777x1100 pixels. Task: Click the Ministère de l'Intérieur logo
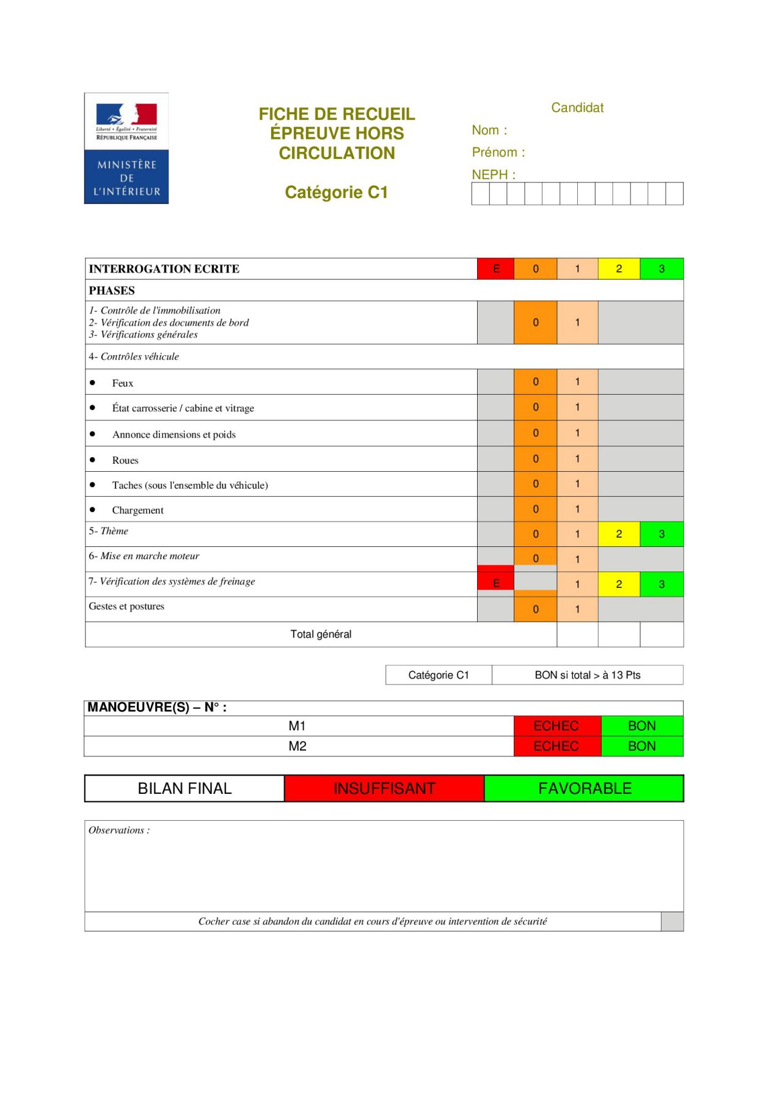pos(126,148)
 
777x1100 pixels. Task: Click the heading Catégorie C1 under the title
pos(336,193)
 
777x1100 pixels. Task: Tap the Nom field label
pos(489,130)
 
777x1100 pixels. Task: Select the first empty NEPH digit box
pos(481,194)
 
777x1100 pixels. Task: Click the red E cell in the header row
pos(495,269)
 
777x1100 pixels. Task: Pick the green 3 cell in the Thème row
pos(662,534)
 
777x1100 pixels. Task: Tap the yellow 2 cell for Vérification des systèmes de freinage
pos(619,584)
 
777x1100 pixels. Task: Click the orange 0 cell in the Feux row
pos(535,382)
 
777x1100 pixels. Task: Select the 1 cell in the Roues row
pos(577,459)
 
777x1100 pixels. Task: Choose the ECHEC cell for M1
pos(556,726)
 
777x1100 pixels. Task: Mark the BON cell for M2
pos(642,746)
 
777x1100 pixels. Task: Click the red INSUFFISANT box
pos(384,788)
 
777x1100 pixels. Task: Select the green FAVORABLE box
pos(584,788)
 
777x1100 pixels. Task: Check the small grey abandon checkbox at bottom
pos(672,922)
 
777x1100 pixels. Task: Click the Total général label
pos(321,634)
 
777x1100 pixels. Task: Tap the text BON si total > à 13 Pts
pos(587,675)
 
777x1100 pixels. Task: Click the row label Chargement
pos(137,510)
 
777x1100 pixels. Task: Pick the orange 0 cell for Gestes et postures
pos(535,609)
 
